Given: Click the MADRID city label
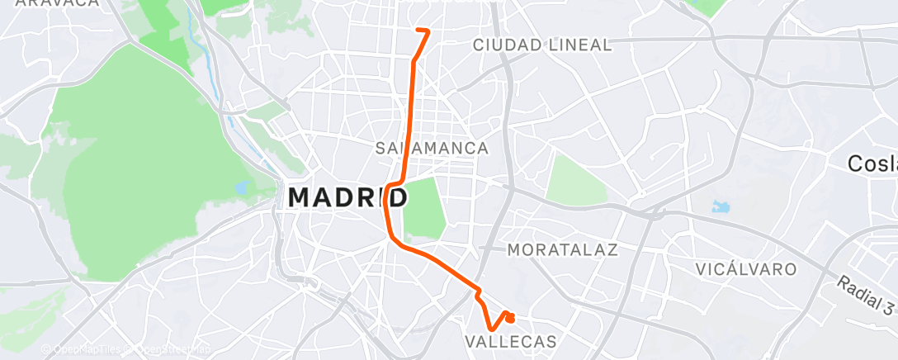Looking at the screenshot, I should pyautogui.click(x=347, y=198).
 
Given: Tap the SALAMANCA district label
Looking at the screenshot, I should pyautogui.click(x=432, y=149).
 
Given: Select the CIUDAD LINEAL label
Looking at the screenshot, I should pyautogui.click(x=542, y=45).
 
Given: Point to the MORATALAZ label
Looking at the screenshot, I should pyautogui.click(x=562, y=249).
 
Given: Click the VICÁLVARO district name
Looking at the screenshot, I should pyautogui.click(x=746, y=269).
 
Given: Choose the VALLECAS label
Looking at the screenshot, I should pyautogui.click(x=511, y=341).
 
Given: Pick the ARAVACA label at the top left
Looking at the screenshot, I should pyautogui.click(x=58, y=3).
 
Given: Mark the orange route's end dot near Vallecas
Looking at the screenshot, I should pyautogui.click(x=510, y=317).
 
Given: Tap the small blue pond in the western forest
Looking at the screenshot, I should pyautogui.click(x=242, y=187).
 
